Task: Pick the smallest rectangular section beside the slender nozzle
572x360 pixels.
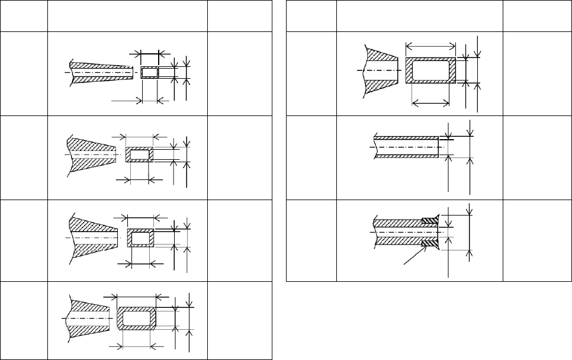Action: click(x=149, y=72)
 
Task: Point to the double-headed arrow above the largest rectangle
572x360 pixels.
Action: click(x=430, y=46)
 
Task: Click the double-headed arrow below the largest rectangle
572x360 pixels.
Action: click(x=429, y=103)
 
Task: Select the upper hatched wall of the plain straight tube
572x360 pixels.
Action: click(x=406, y=138)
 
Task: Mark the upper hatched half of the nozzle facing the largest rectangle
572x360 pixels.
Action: click(x=379, y=57)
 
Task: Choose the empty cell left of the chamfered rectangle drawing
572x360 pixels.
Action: click(x=24, y=320)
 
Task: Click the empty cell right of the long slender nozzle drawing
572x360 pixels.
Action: click(x=239, y=73)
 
